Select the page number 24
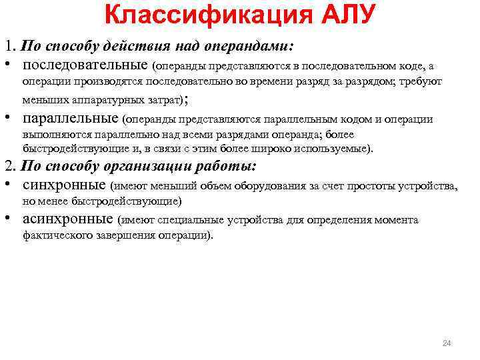pos(447,343)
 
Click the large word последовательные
pos(85,65)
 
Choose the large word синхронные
pos(64,185)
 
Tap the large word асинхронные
pos(67,219)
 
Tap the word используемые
pos(339,148)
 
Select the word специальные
pos(204,220)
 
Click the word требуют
pos(423,81)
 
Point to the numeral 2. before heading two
pos(10,166)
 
